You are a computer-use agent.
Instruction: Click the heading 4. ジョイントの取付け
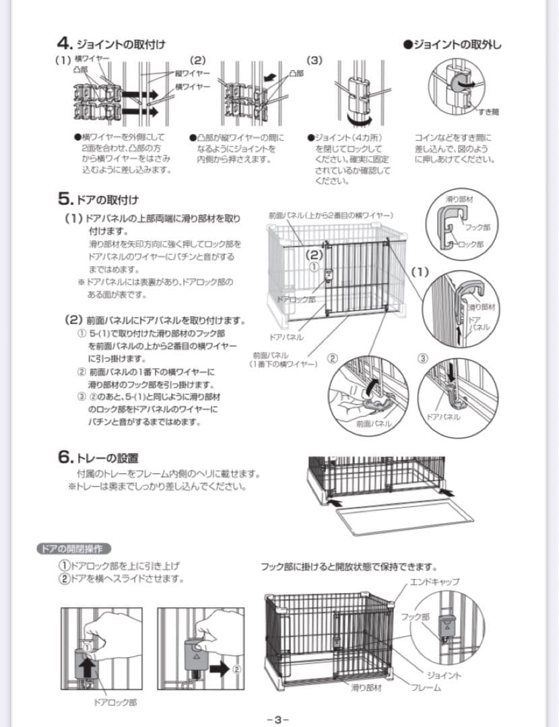coord(111,44)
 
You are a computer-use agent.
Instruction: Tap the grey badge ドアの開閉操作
coord(73,549)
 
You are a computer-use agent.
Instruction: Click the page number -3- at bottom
coord(278,718)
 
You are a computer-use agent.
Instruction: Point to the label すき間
coord(488,111)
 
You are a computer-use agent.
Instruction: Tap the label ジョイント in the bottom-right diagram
coord(443,675)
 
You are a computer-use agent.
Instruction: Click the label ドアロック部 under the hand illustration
coord(112,703)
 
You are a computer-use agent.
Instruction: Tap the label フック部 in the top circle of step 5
coord(477,228)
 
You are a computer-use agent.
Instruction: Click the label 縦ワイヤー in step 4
coord(192,73)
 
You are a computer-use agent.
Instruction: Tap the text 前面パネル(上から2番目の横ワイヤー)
coord(330,215)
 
